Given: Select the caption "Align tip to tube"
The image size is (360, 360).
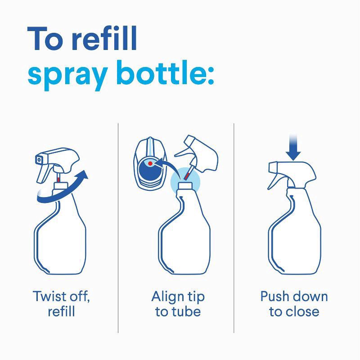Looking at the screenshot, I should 178,304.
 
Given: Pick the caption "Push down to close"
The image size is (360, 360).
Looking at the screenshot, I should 294,304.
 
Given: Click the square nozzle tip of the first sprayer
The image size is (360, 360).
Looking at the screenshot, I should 40,158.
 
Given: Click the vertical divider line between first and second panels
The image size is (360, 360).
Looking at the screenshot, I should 118,225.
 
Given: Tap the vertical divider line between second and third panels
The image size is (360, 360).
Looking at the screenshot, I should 234,225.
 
